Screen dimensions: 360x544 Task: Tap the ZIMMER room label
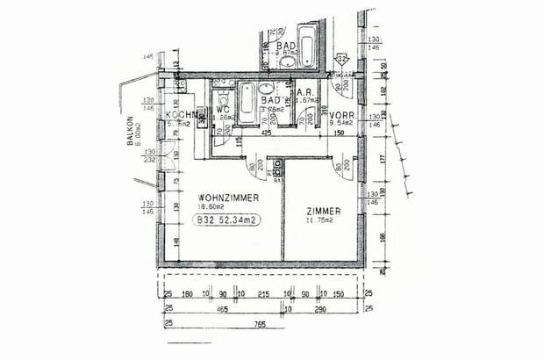(x=326, y=211)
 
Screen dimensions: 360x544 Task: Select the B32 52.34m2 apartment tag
(x=226, y=220)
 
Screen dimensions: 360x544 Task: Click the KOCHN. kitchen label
(x=180, y=115)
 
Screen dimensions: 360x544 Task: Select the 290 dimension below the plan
(x=322, y=310)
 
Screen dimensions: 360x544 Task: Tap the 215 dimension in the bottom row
(x=264, y=295)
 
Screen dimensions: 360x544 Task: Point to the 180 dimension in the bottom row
(x=187, y=295)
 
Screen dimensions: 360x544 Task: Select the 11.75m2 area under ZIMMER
(x=320, y=221)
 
